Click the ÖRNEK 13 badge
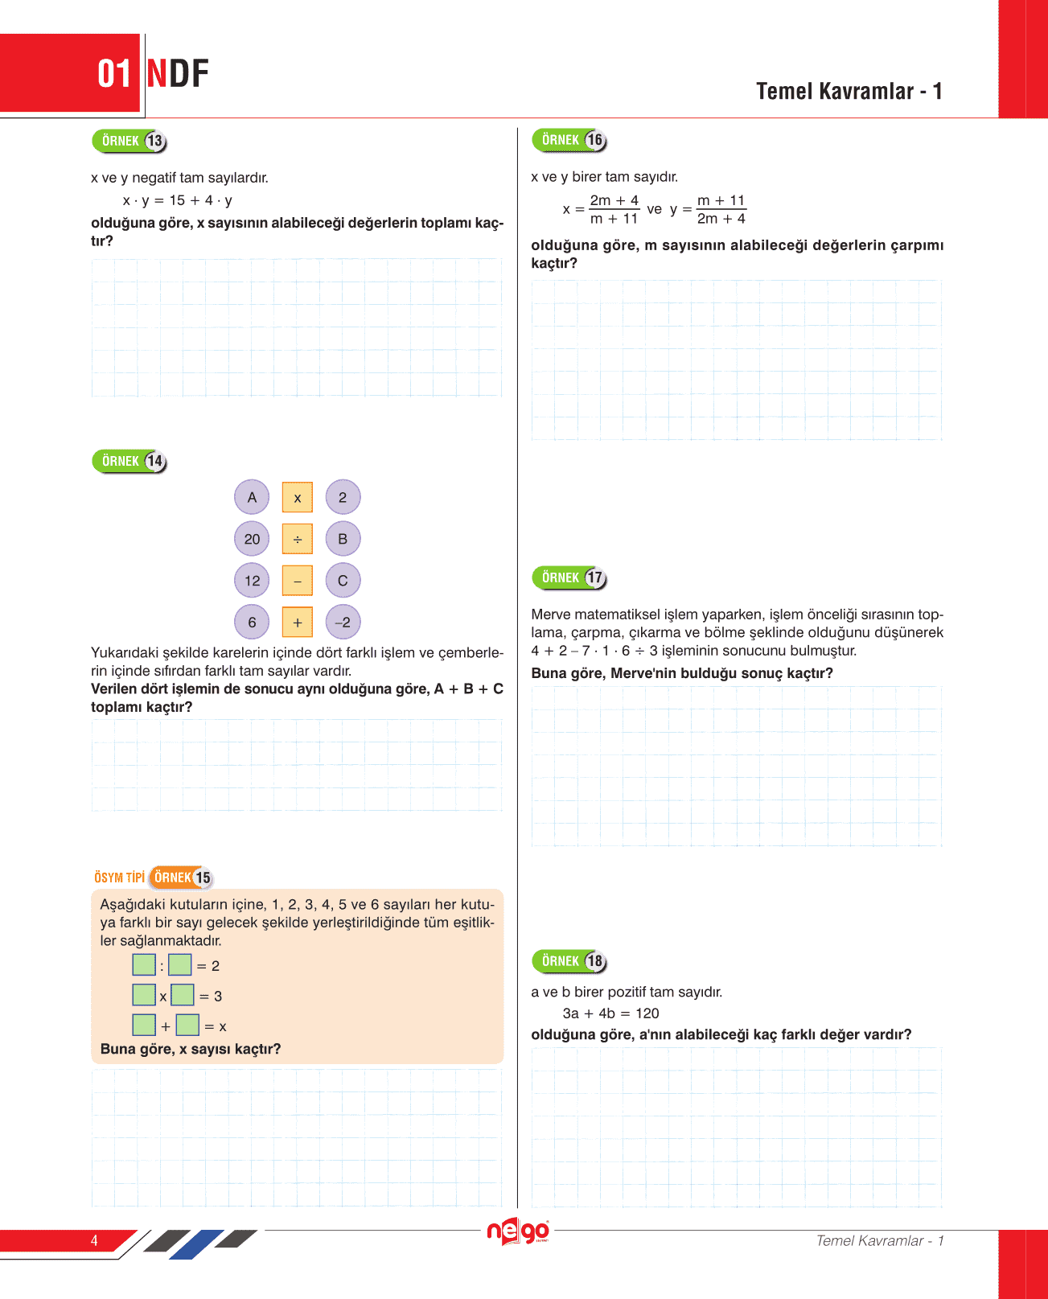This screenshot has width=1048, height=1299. click(129, 142)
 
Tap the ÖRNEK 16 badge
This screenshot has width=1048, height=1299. click(569, 140)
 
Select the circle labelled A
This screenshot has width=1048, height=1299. click(252, 497)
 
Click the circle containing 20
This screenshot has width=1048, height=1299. click(252, 539)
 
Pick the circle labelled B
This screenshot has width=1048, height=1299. click(343, 539)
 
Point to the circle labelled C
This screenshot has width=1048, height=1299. click(343, 581)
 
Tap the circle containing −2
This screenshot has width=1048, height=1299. click(343, 622)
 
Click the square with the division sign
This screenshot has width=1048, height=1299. click(298, 539)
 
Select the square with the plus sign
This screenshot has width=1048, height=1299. click(298, 622)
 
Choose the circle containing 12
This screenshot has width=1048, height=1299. click(252, 581)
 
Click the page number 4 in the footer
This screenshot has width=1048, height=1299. click(94, 1240)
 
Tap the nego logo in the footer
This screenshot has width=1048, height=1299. click(518, 1231)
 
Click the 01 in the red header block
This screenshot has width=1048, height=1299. click(113, 74)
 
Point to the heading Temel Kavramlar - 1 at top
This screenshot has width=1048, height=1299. click(849, 92)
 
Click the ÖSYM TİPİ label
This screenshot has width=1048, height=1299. click(119, 878)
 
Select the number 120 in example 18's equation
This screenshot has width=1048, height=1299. click(647, 1013)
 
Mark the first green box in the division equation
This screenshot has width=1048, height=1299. click(144, 964)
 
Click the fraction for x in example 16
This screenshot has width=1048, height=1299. click(614, 209)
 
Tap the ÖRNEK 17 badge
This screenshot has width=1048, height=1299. click(569, 578)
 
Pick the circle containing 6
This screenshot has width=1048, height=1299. click(252, 622)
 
